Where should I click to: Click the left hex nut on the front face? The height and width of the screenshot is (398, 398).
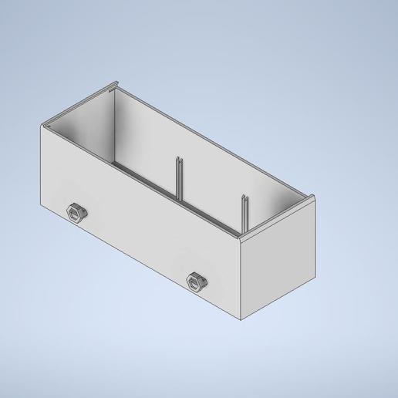click(77, 211)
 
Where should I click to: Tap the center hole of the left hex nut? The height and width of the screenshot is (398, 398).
click(76, 211)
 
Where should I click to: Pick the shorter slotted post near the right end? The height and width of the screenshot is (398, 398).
click(244, 213)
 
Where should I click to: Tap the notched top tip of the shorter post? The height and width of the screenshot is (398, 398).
click(244, 197)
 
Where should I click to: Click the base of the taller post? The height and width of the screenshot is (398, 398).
click(179, 202)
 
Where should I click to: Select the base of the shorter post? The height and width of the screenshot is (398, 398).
click(244, 230)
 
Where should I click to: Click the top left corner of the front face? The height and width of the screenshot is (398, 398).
click(41, 127)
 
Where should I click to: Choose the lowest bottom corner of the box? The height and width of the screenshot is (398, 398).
click(244, 319)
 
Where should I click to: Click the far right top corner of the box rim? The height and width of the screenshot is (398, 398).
click(316, 197)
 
